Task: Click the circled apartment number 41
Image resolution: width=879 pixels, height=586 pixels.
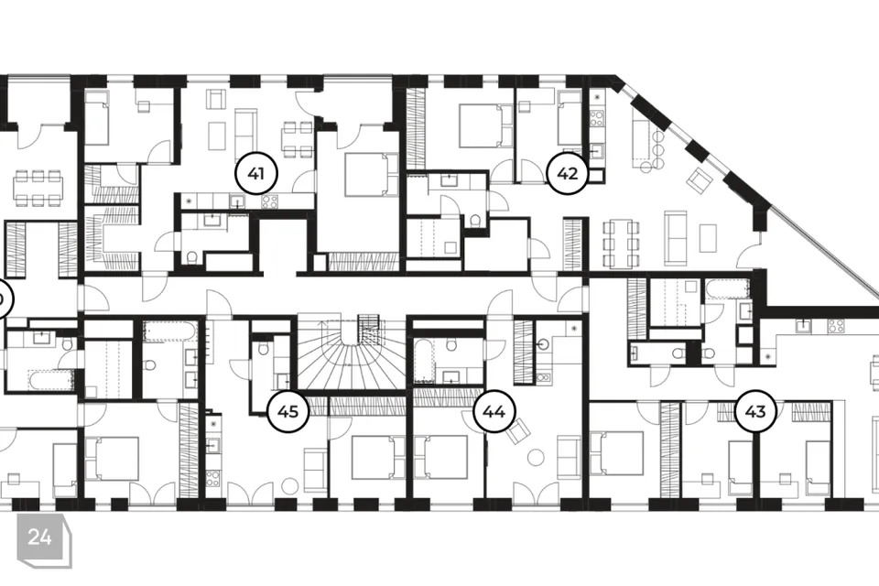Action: click(257, 173)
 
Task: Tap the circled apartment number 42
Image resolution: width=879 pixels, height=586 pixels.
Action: click(568, 173)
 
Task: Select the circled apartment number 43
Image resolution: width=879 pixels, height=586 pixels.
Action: click(755, 411)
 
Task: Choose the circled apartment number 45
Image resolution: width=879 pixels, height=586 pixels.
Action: click(288, 411)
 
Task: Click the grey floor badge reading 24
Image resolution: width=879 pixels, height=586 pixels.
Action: click(40, 537)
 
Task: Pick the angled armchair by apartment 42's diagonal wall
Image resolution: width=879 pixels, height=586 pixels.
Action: click(699, 179)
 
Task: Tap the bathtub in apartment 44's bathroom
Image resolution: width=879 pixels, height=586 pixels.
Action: click(422, 361)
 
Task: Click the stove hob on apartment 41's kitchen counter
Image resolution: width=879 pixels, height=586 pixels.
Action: click(270, 202)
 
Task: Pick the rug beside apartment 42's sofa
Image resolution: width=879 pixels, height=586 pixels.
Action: click(708, 238)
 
